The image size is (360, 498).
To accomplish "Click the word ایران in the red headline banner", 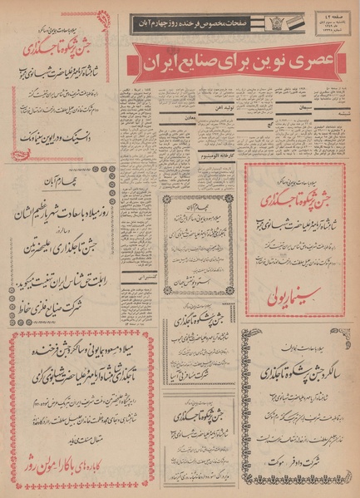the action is pyautogui.click(x=162, y=63).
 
